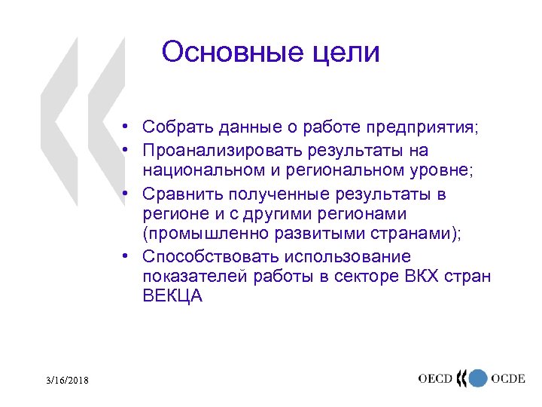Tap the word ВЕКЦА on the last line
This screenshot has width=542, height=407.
point(172,296)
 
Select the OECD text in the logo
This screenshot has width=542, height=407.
point(437,378)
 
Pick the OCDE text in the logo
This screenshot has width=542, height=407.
point(508,378)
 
